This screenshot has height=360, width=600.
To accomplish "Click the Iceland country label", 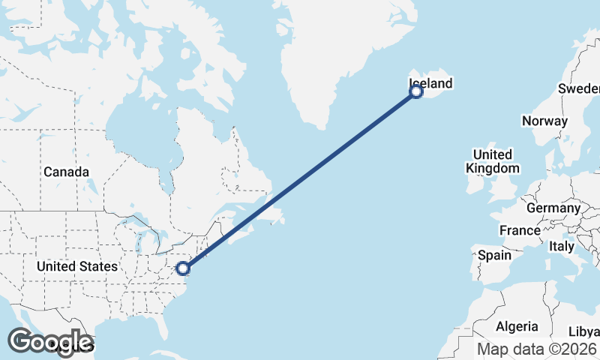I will [x=430, y=83].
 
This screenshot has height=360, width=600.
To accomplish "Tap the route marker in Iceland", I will [x=416, y=92].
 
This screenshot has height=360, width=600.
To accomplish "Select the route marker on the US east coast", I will [x=182, y=268].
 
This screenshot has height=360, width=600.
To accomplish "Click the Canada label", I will [x=66, y=172].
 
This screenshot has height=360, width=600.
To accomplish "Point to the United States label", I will [x=76, y=266].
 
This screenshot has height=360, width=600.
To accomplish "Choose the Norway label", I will [x=544, y=121].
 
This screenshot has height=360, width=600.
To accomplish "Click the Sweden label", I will [x=579, y=88].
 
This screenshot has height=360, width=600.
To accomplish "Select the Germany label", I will [x=553, y=208].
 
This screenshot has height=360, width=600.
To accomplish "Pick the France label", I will [x=520, y=230].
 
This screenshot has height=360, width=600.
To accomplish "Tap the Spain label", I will [x=494, y=255].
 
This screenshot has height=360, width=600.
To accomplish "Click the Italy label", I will [x=561, y=246].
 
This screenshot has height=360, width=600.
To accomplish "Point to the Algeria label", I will [x=517, y=326].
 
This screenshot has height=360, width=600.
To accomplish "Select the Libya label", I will [x=583, y=331].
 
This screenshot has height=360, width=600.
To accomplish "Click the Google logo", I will [x=50, y=342].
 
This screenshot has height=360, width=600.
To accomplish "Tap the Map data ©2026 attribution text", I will [x=538, y=349].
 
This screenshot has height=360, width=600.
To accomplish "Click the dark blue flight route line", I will [x=300, y=180].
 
